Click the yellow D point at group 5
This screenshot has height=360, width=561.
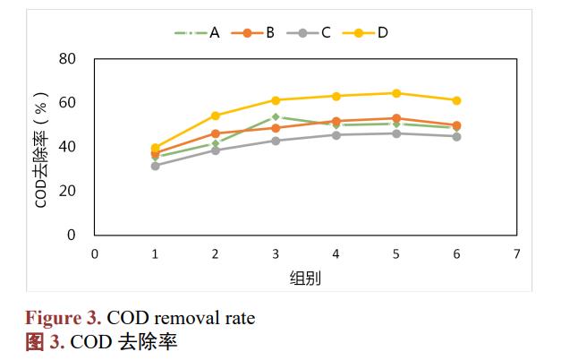click(396, 93)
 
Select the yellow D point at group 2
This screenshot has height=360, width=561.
click(216, 116)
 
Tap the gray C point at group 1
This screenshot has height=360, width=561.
click(155, 166)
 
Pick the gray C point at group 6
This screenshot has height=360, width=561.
click(456, 136)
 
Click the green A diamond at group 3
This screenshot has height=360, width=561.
click(276, 116)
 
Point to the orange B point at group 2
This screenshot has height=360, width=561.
click(216, 133)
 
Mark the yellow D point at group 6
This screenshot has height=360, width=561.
click(456, 100)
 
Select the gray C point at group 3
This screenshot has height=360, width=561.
click(276, 141)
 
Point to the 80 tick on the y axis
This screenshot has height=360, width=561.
click(67, 59)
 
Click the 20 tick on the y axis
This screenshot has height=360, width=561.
click(67, 191)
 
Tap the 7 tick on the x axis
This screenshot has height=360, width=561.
click(517, 253)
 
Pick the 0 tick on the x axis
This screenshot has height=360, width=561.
click(95, 253)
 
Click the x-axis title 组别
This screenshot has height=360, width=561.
click(305, 278)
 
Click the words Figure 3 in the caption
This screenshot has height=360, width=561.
click(62, 318)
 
